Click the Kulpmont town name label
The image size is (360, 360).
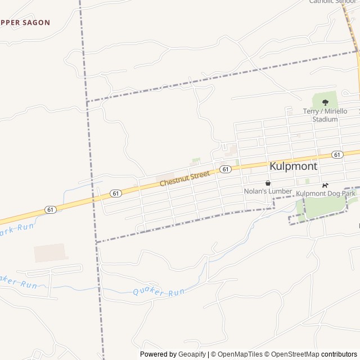[x=293, y=166]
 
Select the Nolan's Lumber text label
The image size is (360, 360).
[x=268, y=191]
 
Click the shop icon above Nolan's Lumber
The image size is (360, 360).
[x=268, y=183]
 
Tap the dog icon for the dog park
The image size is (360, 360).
[x=325, y=185]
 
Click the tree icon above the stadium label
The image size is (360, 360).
[x=325, y=102]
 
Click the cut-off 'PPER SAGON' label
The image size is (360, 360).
[x=25, y=22]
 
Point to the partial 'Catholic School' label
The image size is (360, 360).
[x=332, y=2]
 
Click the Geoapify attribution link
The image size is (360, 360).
[x=192, y=354]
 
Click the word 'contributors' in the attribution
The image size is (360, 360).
[x=339, y=354]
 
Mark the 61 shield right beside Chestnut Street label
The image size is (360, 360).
[x=224, y=169]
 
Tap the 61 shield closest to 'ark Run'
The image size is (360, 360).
[x=51, y=209]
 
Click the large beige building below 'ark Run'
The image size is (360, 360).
[x=49, y=253]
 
